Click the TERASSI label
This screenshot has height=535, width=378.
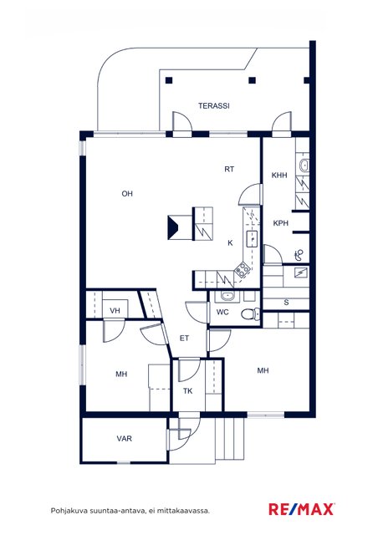click(x=214, y=106)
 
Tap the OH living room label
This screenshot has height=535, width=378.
click(x=127, y=194)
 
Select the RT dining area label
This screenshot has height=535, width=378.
click(x=229, y=169)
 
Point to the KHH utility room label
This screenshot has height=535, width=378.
click(x=279, y=176)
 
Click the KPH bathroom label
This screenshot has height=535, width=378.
click(x=281, y=223)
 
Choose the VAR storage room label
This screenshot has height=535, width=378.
click(x=125, y=438)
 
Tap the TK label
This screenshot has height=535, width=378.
click(x=188, y=391)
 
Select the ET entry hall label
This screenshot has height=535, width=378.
click(x=184, y=338)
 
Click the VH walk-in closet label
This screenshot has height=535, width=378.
click(x=115, y=311)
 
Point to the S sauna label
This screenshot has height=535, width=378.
click(x=286, y=303)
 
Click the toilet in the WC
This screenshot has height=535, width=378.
click(x=250, y=314)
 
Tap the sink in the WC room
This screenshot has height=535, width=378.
click(x=227, y=296)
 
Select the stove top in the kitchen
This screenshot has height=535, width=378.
click(x=242, y=269)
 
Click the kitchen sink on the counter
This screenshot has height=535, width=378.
click(x=252, y=238)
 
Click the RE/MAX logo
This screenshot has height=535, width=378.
click(x=302, y=509)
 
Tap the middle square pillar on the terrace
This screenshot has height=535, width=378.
click(x=252, y=80)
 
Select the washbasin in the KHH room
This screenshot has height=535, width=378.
click(x=304, y=166)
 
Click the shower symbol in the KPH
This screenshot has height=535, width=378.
click(x=299, y=254)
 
